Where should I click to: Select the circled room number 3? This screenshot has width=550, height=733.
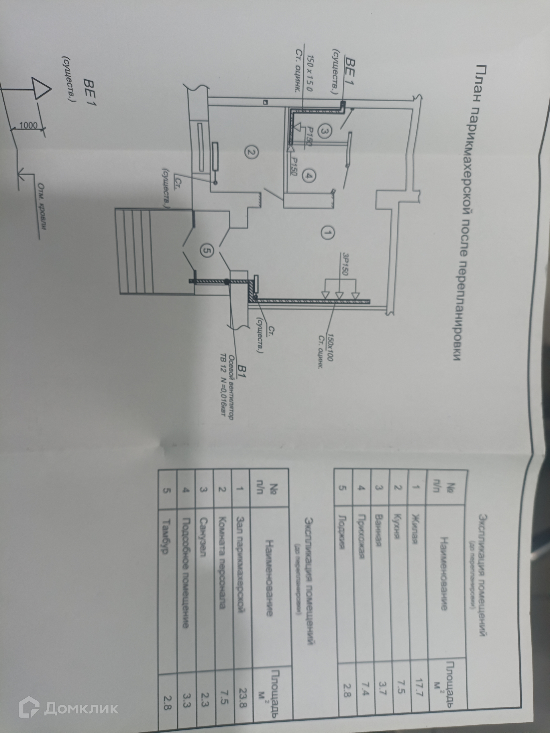324,131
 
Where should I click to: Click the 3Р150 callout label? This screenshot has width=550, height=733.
343,264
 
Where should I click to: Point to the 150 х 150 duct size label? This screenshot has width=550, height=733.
77,73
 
